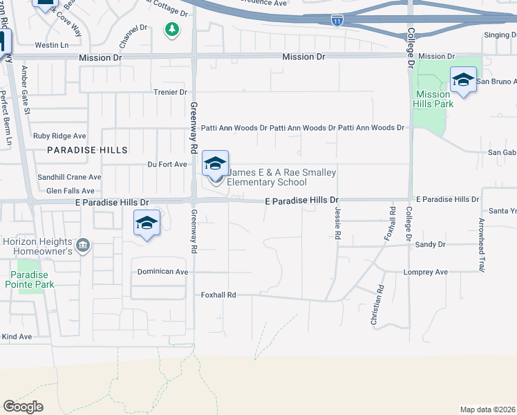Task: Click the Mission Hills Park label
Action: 434,99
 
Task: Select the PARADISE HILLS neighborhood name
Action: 88,150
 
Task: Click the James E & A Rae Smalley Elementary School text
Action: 267,178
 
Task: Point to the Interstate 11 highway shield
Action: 337,22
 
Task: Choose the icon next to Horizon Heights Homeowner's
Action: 82,244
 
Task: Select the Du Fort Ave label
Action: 167,165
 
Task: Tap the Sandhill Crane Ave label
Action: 69,177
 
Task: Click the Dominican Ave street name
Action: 163,272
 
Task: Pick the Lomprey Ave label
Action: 426,273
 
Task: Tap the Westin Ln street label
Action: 52,45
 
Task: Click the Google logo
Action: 23,407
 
